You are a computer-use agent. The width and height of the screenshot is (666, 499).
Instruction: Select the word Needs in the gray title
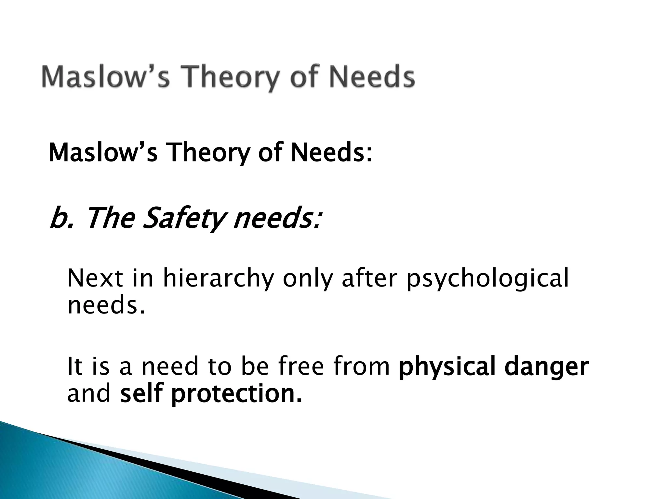pos(372,77)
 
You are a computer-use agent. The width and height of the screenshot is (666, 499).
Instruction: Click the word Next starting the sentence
pos(95,278)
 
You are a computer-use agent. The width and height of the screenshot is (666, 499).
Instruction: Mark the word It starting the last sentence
pos(73,366)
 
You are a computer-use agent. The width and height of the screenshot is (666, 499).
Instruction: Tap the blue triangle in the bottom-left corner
pos(65,468)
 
